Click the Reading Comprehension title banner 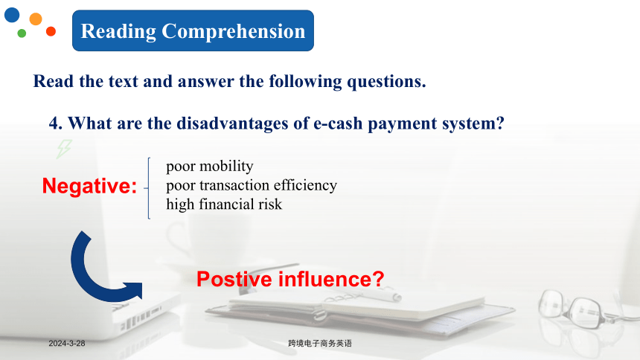coord(193,30)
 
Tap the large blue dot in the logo coord(12,15)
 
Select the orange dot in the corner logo coord(36,19)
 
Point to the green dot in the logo coord(22,33)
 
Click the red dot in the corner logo coord(51,31)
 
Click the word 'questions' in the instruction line coord(386,82)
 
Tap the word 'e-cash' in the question coord(338,123)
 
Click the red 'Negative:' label coord(89,186)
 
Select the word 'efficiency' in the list coord(305,185)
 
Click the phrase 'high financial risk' coord(224,204)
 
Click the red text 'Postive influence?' coord(290,279)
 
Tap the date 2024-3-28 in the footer coord(67,344)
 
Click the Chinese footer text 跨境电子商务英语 coord(319,344)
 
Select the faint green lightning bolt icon coord(64,149)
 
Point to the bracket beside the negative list coord(148,188)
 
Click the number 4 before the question coord(53,123)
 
